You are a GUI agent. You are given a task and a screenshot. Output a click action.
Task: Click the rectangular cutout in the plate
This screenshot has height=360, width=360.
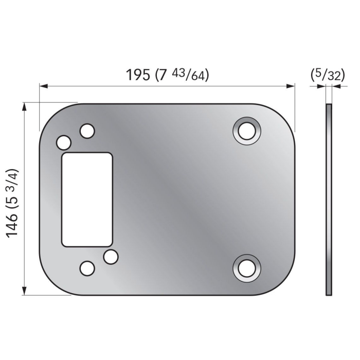point(87,199)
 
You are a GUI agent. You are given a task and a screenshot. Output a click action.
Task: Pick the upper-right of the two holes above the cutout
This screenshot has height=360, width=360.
point(87,131)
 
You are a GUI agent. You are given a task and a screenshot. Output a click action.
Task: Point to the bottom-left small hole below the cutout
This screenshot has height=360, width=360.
point(87,268)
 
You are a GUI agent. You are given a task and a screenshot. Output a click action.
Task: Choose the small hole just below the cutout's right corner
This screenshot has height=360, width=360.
point(110,256)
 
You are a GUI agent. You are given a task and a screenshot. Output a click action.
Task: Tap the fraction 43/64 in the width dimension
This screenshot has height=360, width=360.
point(190,75)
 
